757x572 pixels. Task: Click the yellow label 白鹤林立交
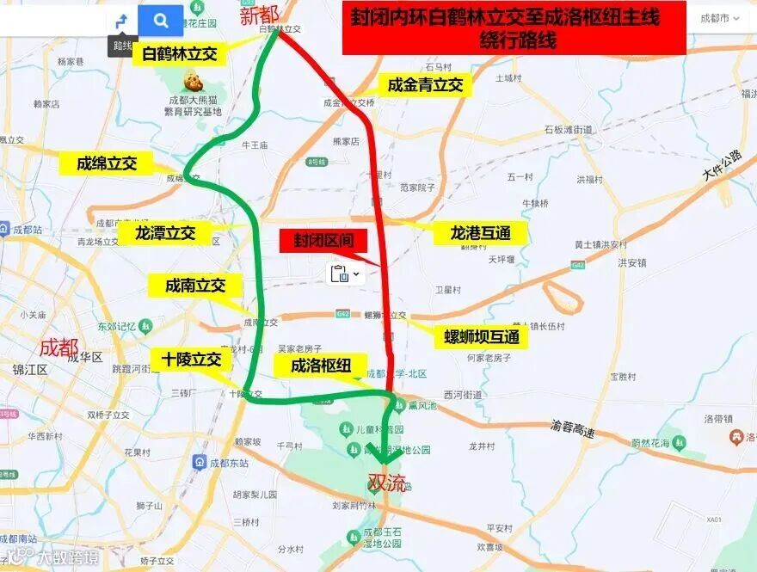pos(180,54)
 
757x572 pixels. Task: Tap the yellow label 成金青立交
pos(425,85)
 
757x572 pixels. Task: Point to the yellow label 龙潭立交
pos(165,233)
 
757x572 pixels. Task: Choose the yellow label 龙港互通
pos(480,233)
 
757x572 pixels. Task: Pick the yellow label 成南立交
pos(194,286)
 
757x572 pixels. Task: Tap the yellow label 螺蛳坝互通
pos(482,336)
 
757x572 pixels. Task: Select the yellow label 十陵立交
pos(191,359)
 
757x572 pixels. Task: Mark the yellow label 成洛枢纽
pos(321,366)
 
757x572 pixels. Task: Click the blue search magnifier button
pos(161,20)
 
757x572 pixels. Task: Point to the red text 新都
pos(259,14)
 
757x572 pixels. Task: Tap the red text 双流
pos(386,483)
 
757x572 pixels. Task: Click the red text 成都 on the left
pos(59,348)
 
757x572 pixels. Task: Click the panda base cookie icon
pos(193,82)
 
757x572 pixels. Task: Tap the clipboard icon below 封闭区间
pos(339,274)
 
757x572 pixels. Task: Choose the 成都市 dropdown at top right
pos(719,18)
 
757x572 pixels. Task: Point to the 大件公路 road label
pos(721,165)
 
